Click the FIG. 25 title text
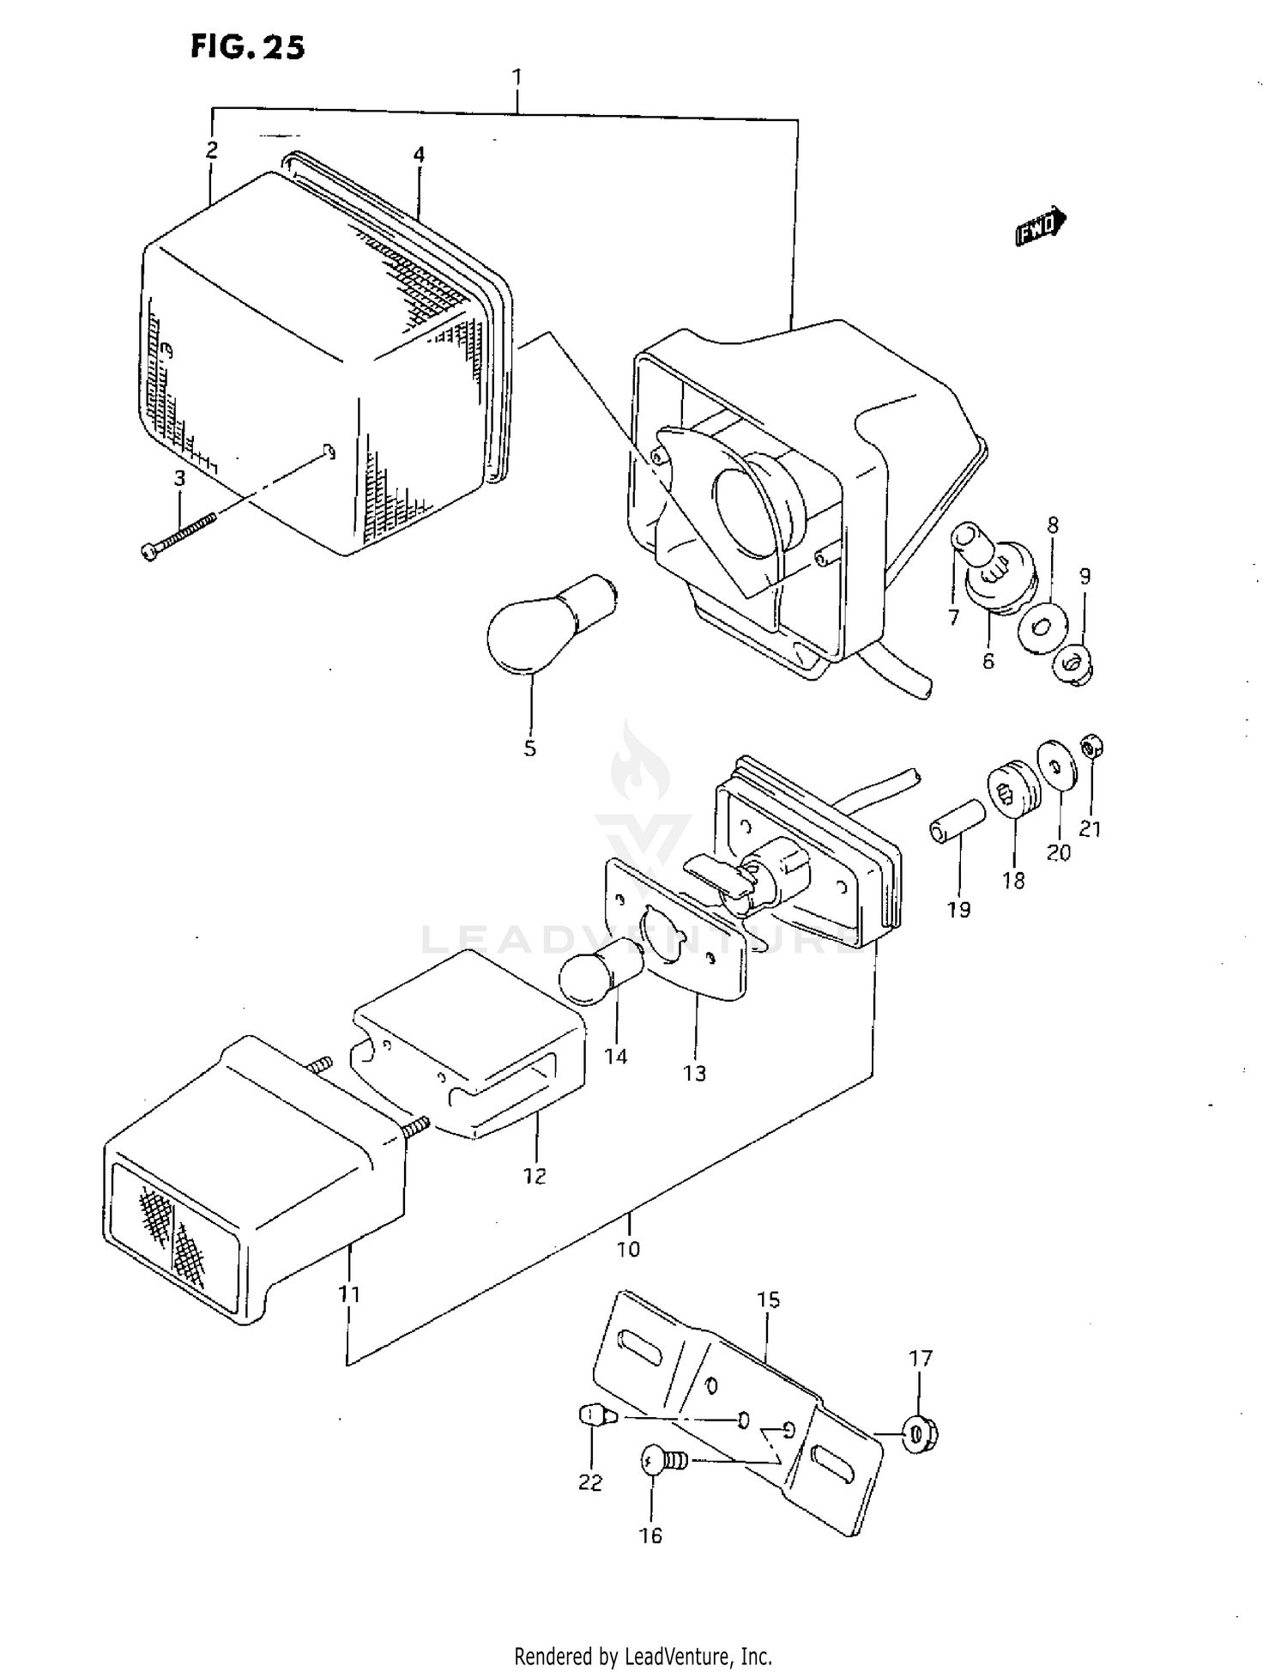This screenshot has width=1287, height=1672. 247,47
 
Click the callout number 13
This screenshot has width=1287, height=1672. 694,1073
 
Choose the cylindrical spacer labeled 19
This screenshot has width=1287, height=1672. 953,819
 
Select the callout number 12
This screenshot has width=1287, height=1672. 535,1176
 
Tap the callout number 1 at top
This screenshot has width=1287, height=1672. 517,77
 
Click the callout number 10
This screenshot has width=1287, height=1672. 628,1249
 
